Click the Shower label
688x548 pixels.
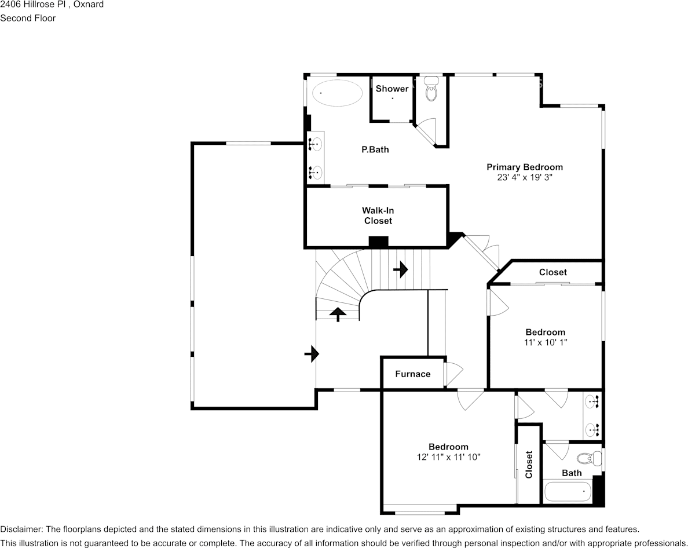392,89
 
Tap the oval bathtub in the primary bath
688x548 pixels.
337,93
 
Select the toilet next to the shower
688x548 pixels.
431,90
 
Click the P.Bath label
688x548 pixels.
375,149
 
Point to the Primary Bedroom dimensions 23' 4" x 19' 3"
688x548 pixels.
524,178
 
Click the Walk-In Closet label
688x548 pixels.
378,215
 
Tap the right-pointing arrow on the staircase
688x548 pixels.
401,269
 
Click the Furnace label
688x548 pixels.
413,374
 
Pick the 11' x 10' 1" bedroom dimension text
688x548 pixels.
545,342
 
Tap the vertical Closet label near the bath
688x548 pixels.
529,464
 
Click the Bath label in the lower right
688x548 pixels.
572,473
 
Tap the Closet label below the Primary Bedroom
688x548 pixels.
552,272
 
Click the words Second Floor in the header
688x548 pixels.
28,18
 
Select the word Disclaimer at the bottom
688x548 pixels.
21,529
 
